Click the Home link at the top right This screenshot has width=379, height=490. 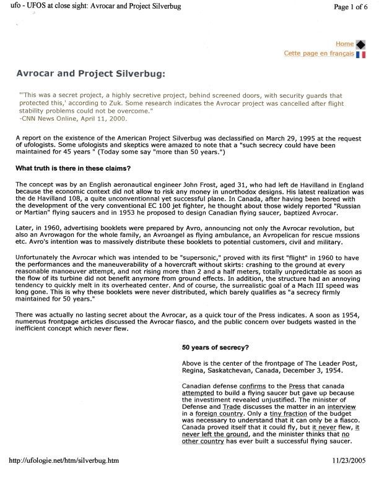[x=345, y=44]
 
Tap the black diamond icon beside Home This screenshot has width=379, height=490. [x=360, y=45]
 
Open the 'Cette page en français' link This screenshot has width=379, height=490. [x=318, y=54]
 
